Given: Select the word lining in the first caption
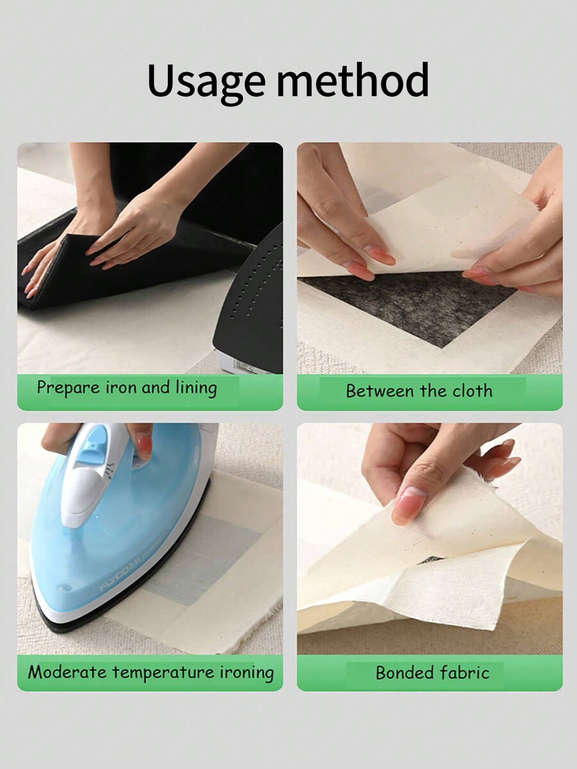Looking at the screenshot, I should point(196,388).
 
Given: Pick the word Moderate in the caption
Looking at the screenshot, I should point(68,672).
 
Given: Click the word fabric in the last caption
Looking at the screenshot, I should point(466,673).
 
